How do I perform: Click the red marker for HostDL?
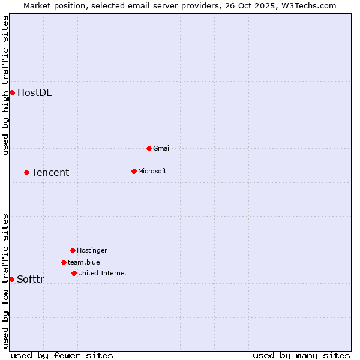12,92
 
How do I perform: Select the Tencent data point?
26,172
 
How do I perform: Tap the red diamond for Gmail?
149,148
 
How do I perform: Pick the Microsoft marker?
134,171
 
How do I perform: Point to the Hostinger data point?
73,250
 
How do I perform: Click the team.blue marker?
64,262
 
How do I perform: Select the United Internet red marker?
74,273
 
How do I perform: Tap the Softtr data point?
11,279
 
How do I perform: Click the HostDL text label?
34,92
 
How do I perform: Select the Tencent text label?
50,172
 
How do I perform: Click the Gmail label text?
162,148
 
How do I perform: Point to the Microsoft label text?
152,171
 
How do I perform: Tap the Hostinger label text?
92,250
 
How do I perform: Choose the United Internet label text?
102,273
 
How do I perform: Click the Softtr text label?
31,279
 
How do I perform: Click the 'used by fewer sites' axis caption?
62,355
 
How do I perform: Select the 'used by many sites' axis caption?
301,355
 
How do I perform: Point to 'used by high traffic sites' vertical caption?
5,85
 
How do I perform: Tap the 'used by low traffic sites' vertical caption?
5,281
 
